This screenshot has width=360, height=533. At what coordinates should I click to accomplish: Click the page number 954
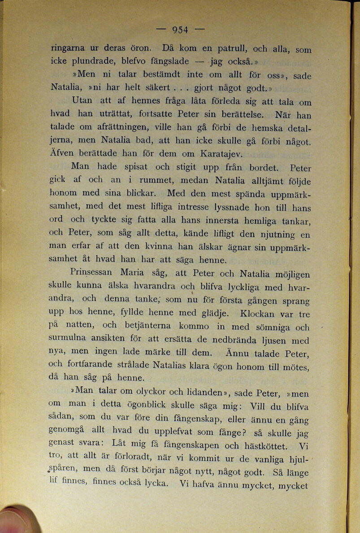pyautogui.click(x=180, y=30)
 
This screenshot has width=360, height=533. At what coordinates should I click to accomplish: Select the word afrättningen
pyautogui.click(x=126, y=127)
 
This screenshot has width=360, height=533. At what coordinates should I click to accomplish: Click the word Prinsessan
pyautogui.click(x=92, y=272)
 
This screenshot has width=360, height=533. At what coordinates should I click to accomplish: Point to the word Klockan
pyautogui.click(x=260, y=314)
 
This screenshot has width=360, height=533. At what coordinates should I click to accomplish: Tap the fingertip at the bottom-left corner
pyautogui.click(x=16, y=520)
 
